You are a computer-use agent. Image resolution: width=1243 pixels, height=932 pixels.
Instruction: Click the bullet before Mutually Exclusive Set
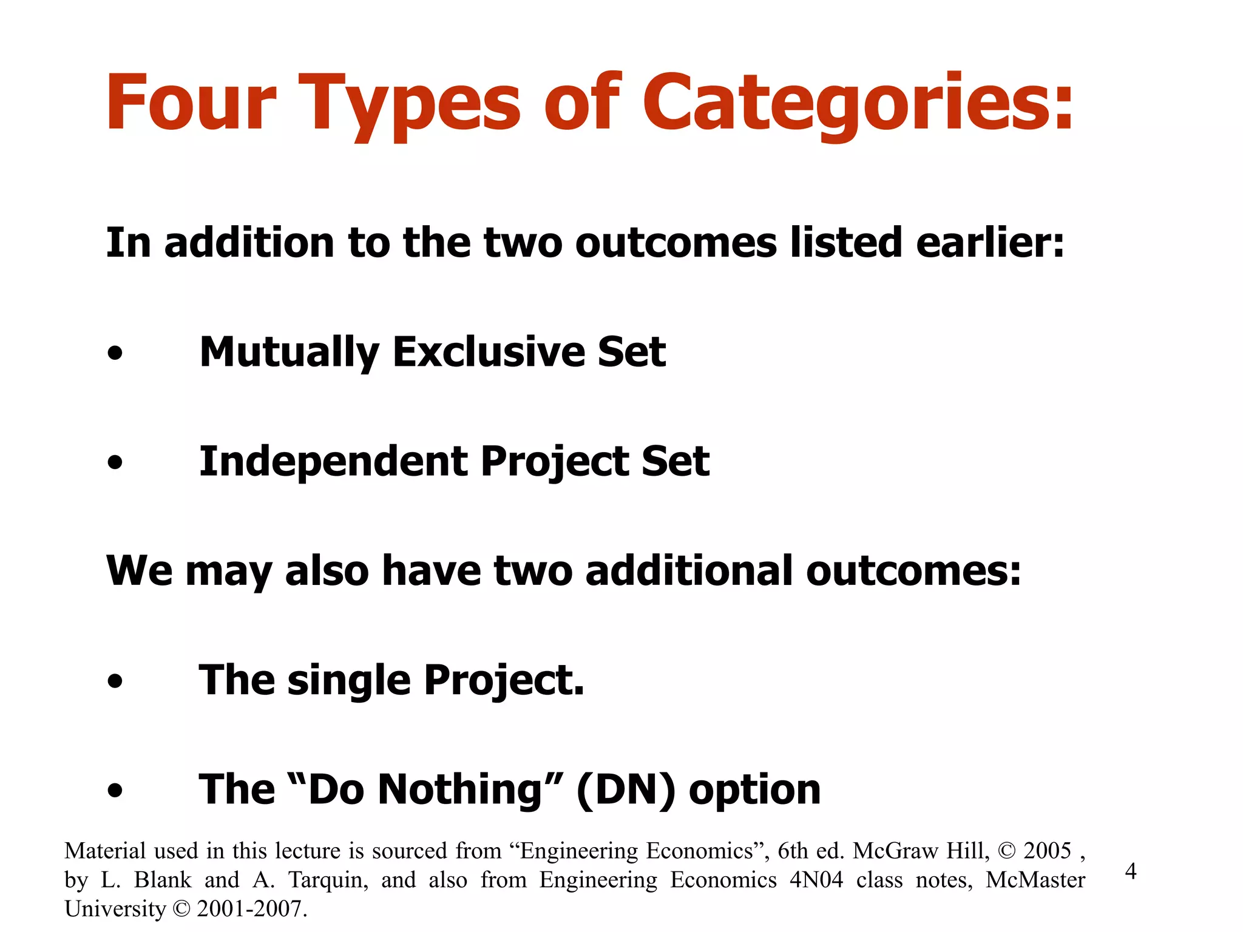115,353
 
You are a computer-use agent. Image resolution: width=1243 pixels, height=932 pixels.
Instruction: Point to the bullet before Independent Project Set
115,463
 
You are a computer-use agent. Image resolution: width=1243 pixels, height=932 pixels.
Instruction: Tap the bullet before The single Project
115,681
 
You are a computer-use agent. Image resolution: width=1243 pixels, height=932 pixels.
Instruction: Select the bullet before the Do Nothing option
115,791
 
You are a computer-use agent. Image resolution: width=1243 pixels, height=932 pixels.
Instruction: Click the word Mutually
290,352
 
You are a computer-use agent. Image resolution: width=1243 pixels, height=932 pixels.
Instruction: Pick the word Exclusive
488,352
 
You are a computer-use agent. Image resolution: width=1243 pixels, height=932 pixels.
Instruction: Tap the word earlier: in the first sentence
990,243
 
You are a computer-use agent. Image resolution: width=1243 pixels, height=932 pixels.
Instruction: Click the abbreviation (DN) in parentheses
625,790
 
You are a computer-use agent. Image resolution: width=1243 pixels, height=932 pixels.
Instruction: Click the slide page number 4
1131,871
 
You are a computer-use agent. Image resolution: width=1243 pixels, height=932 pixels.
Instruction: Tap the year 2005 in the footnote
1048,851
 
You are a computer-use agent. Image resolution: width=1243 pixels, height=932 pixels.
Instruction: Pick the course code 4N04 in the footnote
816,880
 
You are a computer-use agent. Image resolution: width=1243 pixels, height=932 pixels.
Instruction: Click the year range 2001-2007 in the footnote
249,909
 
